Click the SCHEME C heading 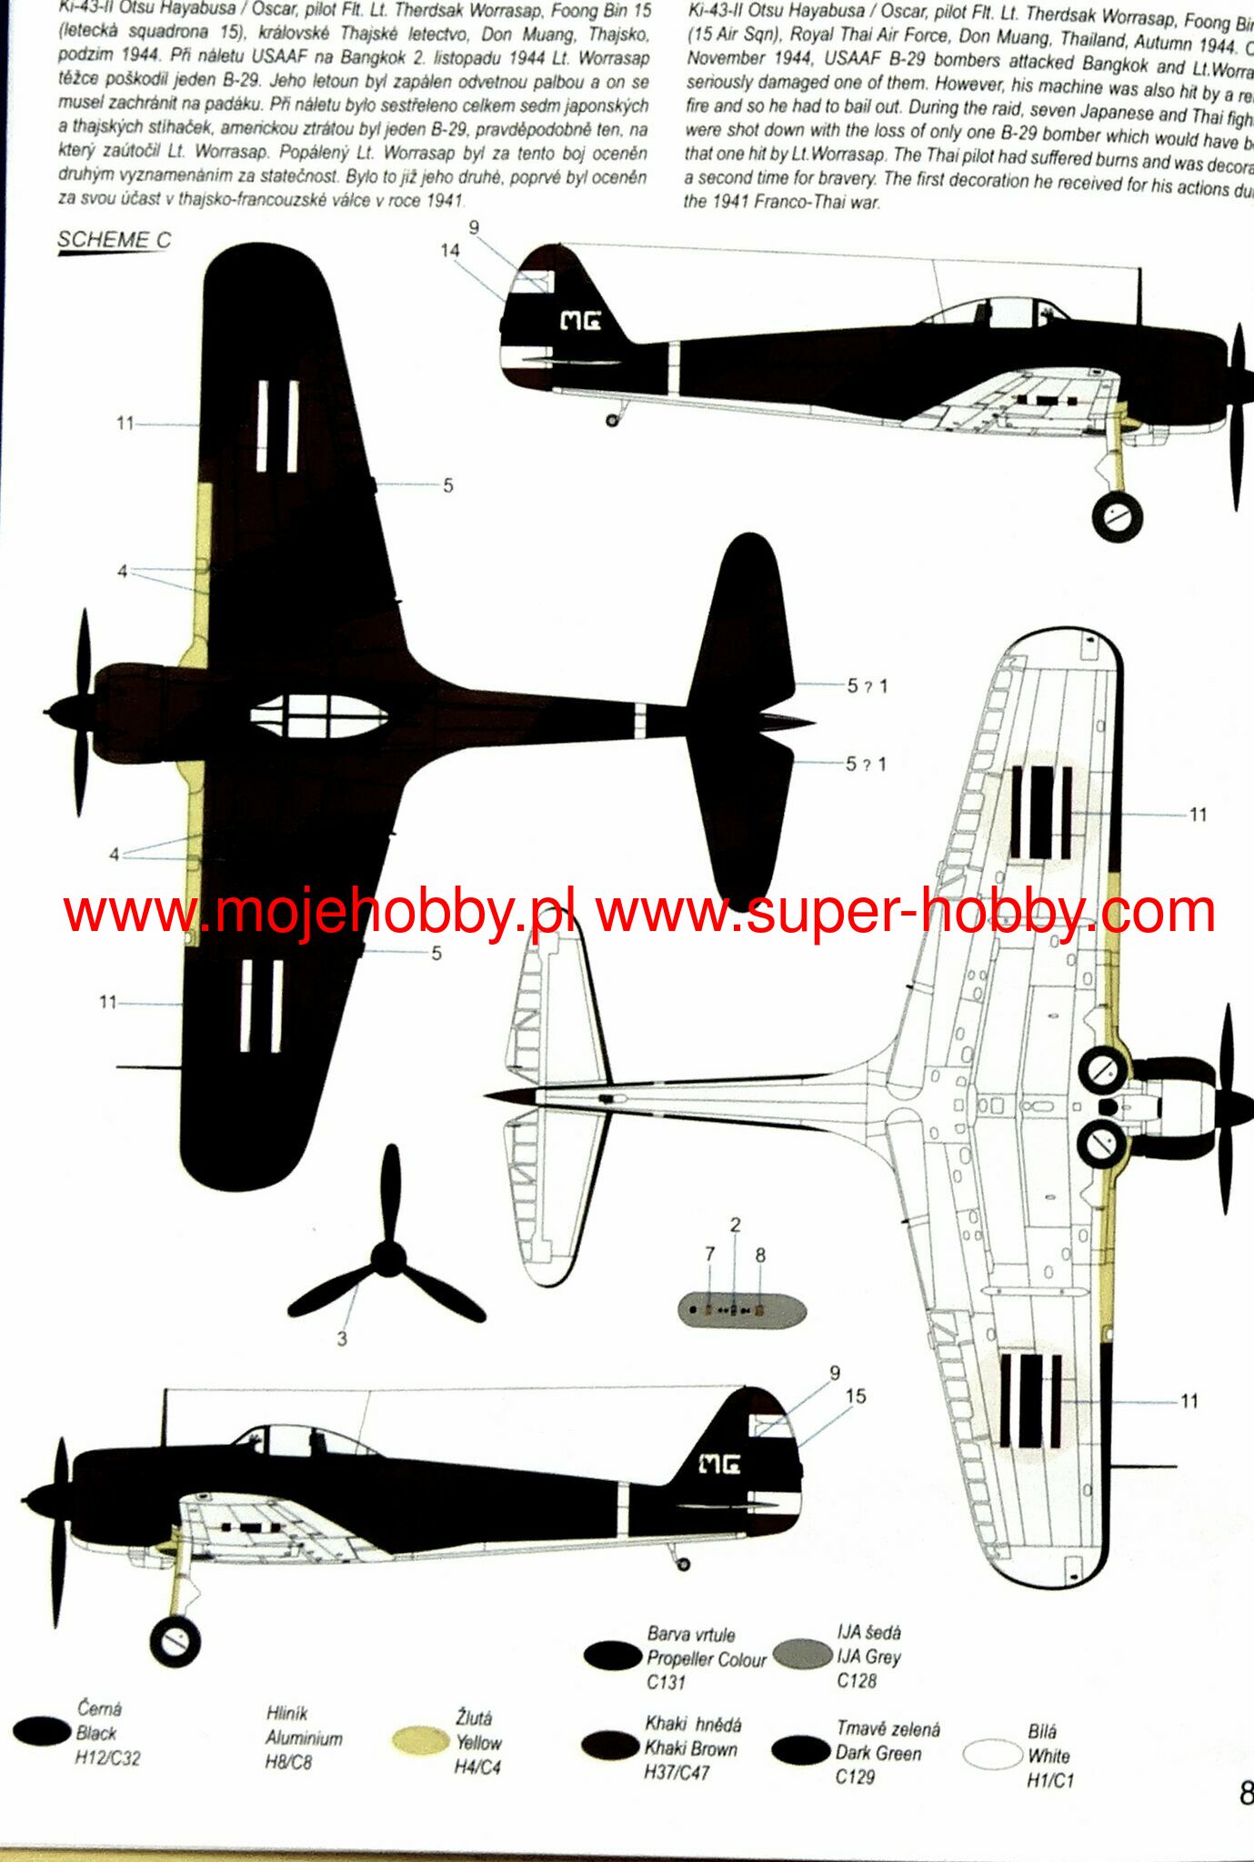tap(114, 240)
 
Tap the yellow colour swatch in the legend tap(420, 1740)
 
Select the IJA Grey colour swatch tap(803, 1654)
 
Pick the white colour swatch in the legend tap(992, 1755)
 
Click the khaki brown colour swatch tap(610, 1745)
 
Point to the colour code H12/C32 tap(107, 1758)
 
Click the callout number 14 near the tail tap(450, 251)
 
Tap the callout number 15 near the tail tap(856, 1396)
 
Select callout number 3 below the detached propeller tap(342, 1338)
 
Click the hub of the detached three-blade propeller tap(389, 1258)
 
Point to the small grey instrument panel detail tap(741, 1310)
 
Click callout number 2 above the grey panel tap(735, 1226)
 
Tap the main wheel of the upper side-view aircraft tap(1118, 516)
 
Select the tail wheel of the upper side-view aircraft tap(612, 420)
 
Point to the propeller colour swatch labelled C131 tap(612, 1656)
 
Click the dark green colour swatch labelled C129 tap(800, 1750)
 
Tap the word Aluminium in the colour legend tap(304, 1737)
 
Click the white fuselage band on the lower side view tap(623, 1510)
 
